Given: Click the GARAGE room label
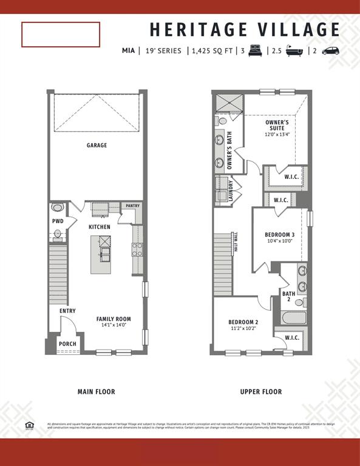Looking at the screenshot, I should pos(97,145).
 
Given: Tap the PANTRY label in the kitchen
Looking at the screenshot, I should pos(132,206).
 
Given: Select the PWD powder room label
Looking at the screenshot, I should pos(58,221).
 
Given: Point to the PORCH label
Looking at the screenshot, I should pos(67,343).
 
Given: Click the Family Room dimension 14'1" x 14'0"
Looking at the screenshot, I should pos(113,325).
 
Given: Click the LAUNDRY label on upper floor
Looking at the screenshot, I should pos(231,191).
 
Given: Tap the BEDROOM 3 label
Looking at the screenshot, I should pos(279,234).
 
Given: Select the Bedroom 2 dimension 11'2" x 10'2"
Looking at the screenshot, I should pos(243,329).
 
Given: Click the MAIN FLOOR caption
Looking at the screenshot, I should pos(96,392).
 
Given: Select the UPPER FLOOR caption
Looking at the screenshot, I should pos(260,392).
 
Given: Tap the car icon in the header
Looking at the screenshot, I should pos(330,51).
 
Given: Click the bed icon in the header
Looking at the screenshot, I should pos(254,51).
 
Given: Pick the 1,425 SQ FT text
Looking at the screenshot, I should pos(212,51).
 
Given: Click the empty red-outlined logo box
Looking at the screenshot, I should pos(61,35).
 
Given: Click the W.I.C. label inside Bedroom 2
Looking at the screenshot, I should pos(291,337).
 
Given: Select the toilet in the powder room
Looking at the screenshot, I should pos(58,233).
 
